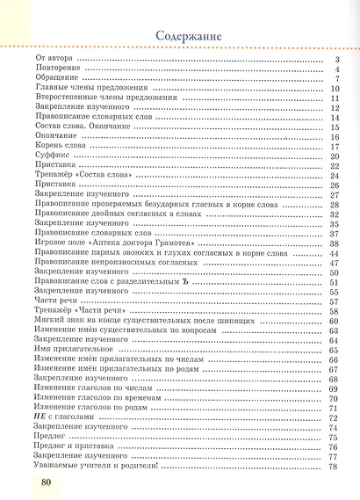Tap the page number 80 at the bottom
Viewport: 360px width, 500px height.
47,483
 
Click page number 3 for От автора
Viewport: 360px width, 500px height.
337,59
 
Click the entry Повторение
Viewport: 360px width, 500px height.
58,69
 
